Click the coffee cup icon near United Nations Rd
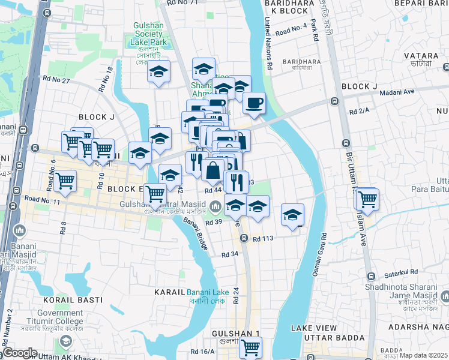click(254, 103)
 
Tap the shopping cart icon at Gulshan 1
click(250, 347)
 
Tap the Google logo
click(19, 353)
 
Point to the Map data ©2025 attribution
click(423, 355)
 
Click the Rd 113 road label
click(263, 238)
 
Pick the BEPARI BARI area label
click(421, 4)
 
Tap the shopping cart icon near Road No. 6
click(65, 180)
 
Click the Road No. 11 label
click(43, 200)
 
